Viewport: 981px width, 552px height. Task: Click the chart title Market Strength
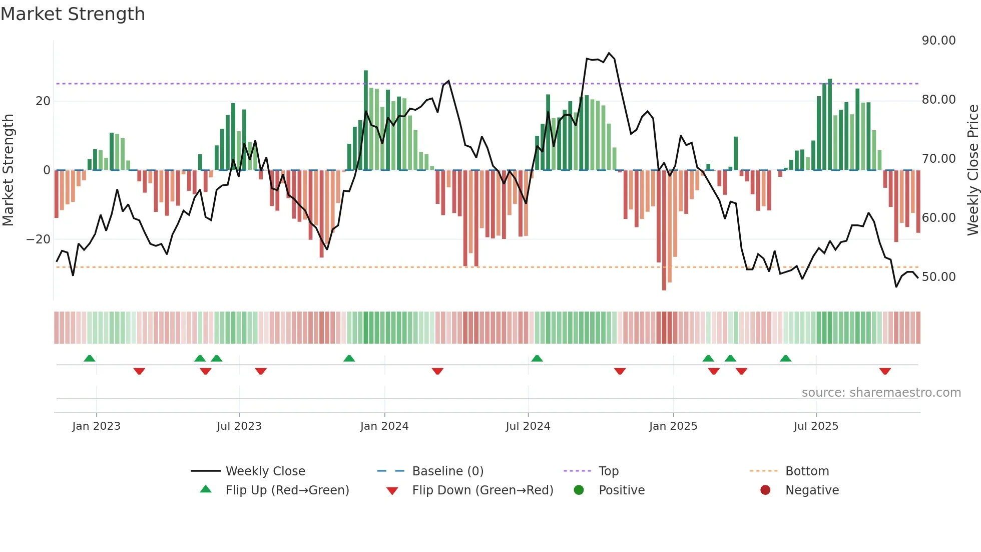coord(73,14)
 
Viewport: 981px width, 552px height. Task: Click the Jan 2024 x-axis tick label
coord(384,426)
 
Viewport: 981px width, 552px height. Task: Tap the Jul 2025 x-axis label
coord(815,426)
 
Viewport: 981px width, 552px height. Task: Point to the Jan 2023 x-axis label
coord(96,426)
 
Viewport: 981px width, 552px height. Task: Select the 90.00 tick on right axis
coord(938,41)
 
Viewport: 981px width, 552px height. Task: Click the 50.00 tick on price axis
coord(938,277)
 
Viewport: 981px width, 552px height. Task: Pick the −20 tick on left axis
coord(38,239)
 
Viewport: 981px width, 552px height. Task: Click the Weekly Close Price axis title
coord(972,170)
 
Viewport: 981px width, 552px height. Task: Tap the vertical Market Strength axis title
coord(8,170)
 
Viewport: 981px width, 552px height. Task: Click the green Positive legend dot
coord(579,490)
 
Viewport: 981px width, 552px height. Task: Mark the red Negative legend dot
coord(765,490)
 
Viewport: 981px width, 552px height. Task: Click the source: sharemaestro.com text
coord(881,393)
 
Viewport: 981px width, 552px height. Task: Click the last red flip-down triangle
coord(884,371)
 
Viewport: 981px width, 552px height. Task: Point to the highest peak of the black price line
coord(609,53)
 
